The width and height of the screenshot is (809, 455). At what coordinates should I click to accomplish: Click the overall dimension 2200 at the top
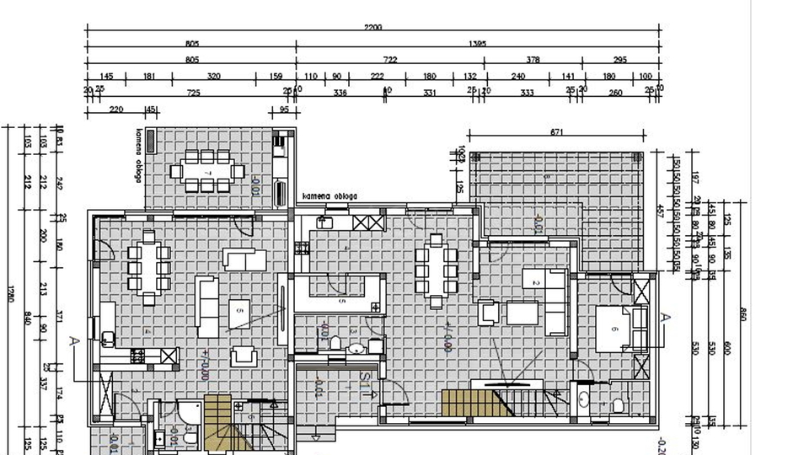373,28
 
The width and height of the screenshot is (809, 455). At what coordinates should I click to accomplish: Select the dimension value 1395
478,43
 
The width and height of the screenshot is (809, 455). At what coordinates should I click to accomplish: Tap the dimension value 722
390,60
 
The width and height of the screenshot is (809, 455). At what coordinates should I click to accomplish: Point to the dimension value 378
533,60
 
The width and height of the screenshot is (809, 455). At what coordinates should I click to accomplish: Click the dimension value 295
620,60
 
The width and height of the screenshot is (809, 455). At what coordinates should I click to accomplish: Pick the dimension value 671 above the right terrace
556,132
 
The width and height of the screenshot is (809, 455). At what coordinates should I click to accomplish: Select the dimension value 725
193,92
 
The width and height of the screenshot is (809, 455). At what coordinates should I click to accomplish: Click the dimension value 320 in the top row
213,77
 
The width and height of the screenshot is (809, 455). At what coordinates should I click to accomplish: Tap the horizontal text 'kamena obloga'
329,196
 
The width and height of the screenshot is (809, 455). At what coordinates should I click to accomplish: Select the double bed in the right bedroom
620,328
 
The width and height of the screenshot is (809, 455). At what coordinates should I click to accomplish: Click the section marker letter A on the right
664,317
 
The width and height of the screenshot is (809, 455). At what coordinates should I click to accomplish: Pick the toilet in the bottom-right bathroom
618,406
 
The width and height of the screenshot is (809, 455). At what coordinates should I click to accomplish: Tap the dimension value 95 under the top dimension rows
284,110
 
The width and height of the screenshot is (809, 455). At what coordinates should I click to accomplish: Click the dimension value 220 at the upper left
116,110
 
